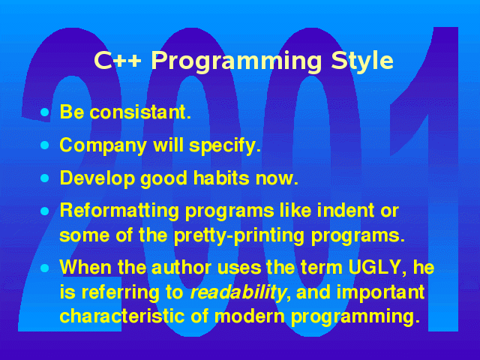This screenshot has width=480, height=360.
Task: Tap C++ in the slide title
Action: click(x=118, y=60)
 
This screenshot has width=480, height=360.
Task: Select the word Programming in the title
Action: click(x=236, y=61)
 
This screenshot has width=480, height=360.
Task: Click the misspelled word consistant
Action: click(x=140, y=112)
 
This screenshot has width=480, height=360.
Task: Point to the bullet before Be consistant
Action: click(x=45, y=112)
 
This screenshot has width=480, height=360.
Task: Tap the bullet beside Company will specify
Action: click(x=45, y=145)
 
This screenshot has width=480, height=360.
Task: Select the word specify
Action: click(x=225, y=145)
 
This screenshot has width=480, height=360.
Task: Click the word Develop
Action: click(x=97, y=178)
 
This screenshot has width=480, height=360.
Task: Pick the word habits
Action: click(x=221, y=178)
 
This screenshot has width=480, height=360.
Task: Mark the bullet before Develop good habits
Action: click(x=45, y=178)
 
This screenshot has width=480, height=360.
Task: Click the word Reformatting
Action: click(x=119, y=211)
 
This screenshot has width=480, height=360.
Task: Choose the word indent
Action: click(x=346, y=210)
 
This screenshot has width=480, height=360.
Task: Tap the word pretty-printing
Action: click(x=239, y=236)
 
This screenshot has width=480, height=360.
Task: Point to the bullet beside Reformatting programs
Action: click(x=45, y=211)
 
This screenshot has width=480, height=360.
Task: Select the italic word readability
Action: click(x=238, y=292)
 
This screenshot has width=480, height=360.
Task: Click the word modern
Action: click(x=250, y=316)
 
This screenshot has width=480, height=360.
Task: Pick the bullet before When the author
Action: click(x=45, y=268)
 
